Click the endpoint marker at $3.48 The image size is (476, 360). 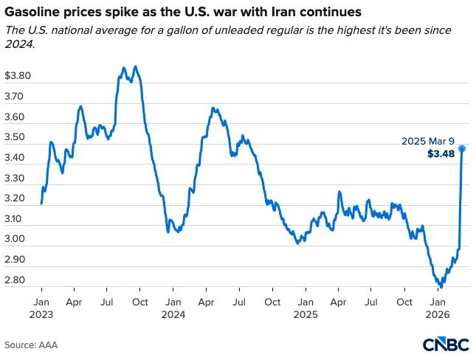pyautogui.click(x=462, y=148)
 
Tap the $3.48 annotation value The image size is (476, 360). pyautogui.click(x=441, y=154)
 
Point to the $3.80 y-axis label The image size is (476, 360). pyautogui.click(x=18, y=76)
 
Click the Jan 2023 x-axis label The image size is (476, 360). pyautogui.click(x=41, y=308)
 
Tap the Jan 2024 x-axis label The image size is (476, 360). pyautogui.click(x=173, y=308)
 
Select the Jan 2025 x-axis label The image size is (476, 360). pyautogui.click(x=305, y=308)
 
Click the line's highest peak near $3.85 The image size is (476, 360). pyautogui.click(x=135, y=66)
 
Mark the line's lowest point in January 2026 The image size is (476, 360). pyautogui.click(x=441, y=286)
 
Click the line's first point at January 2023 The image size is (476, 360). pyautogui.click(x=41, y=204)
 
